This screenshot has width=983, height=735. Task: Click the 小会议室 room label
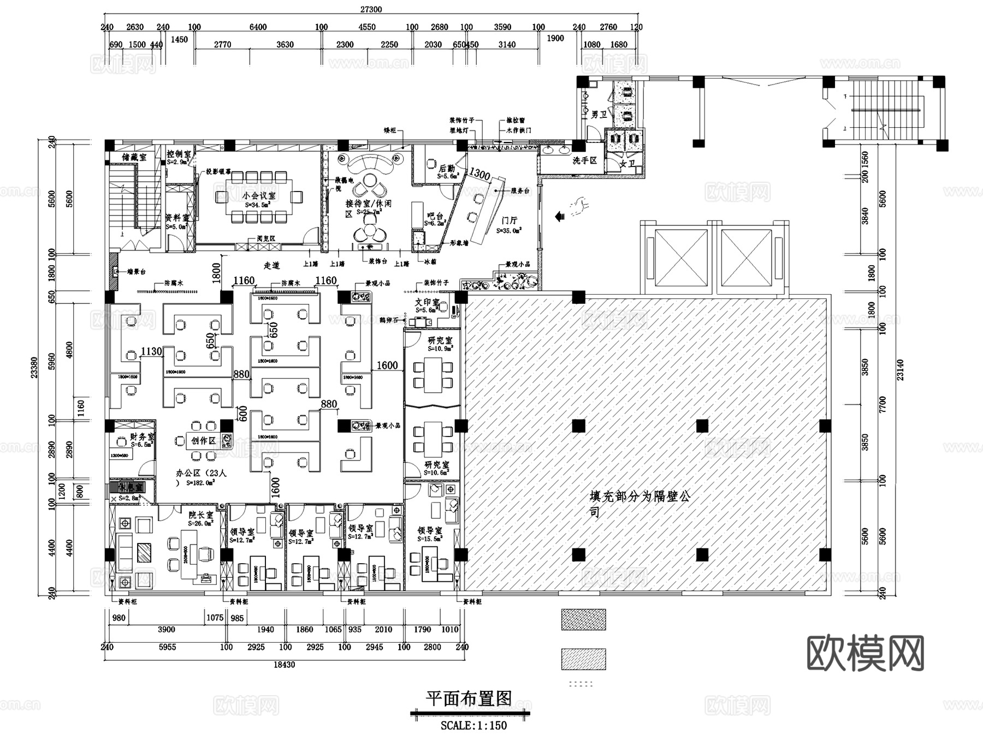tap(259, 195)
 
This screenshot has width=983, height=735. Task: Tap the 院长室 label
tap(200, 515)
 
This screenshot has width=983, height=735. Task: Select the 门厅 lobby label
tap(509, 220)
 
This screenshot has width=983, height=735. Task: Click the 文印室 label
tap(427, 302)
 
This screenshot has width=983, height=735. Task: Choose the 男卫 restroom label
tap(599, 115)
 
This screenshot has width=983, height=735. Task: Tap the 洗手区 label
tap(584, 160)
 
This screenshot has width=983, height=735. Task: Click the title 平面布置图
tap(469, 698)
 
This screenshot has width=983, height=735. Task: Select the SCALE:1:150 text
tap(473, 726)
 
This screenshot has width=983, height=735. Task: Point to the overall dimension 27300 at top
tap(371, 9)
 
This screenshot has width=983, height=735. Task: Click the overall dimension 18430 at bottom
tap(284, 665)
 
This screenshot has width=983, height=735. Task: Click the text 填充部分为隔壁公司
tap(639, 503)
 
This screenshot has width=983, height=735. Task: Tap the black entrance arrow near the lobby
tap(559, 217)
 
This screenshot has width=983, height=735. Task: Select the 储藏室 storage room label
tap(134, 157)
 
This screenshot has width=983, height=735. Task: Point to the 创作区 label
tap(203, 440)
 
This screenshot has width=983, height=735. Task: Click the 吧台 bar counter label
tap(435, 216)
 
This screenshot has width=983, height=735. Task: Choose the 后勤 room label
tap(446, 169)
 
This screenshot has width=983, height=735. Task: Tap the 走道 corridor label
tap(271, 265)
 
